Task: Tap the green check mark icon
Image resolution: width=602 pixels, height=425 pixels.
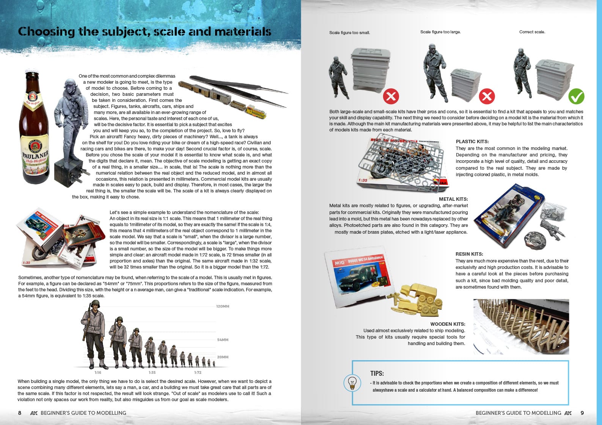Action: click(x=576, y=97)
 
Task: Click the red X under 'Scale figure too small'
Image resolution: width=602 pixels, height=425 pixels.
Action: click(x=391, y=97)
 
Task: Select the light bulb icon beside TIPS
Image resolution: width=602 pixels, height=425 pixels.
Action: click(x=352, y=383)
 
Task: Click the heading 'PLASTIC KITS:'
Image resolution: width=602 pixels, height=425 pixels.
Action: click(x=472, y=142)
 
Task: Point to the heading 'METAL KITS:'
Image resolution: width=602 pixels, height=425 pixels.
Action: click(x=453, y=199)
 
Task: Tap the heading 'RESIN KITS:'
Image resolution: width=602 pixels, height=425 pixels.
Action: click(x=469, y=254)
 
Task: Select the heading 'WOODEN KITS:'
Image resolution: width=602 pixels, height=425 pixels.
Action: click(x=448, y=324)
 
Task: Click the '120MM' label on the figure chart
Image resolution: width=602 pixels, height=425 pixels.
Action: click(x=223, y=306)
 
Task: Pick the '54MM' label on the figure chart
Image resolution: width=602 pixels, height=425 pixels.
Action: click(x=223, y=340)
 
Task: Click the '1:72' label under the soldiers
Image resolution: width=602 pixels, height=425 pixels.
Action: click(x=198, y=373)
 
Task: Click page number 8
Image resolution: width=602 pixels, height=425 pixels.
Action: click(x=20, y=413)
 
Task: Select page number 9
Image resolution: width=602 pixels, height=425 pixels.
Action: click(x=582, y=413)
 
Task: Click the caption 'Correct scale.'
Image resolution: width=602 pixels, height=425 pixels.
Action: click(x=532, y=32)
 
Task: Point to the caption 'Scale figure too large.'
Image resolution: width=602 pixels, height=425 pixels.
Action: click(x=440, y=32)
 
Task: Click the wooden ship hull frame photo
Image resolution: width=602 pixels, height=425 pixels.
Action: click(x=521, y=327)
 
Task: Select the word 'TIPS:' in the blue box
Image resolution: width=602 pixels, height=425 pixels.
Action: click(x=377, y=373)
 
